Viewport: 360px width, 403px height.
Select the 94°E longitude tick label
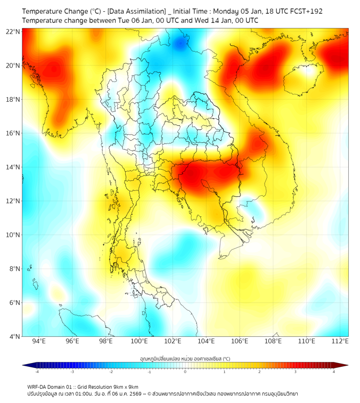click(39, 341)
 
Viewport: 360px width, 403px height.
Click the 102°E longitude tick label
click(173, 341)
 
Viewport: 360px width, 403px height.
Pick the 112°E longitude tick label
click(339, 341)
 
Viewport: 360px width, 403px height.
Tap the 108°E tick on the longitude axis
click(273, 341)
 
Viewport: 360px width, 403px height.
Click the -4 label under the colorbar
click(37, 372)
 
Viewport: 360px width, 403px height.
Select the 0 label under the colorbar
click(185, 372)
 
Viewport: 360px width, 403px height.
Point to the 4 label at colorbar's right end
click(334, 372)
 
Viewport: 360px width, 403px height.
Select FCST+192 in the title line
click(304, 11)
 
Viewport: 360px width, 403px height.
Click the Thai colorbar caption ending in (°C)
click(185, 359)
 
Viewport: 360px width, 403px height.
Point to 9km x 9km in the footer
click(124, 386)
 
